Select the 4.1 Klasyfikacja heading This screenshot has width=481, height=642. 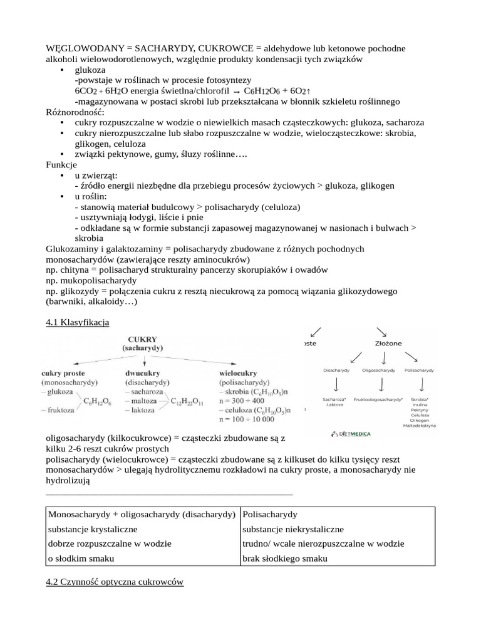pyautogui.click(x=78, y=322)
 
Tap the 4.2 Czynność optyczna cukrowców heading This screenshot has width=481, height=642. pyautogui.click(x=115, y=582)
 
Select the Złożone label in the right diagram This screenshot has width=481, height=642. pyautogui.click(x=388, y=344)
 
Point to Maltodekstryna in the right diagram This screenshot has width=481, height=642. pyautogui.click(x=420, y=426)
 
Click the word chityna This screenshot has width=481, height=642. pyautogui.click(x=76, y=270)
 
